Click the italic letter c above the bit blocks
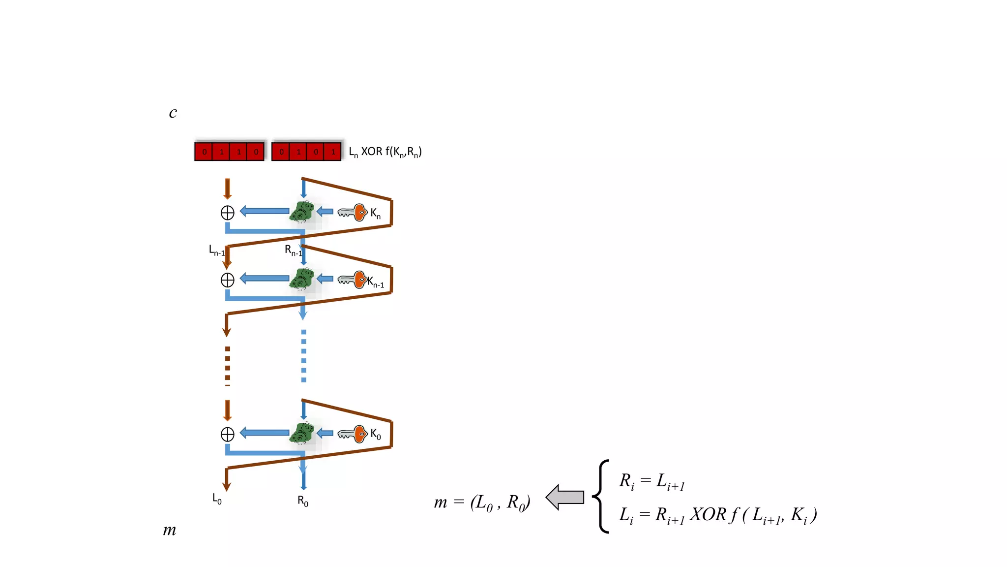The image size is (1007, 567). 173,113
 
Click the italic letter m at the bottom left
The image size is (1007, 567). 169,530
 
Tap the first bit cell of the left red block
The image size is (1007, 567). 204,152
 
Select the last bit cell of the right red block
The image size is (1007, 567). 333,152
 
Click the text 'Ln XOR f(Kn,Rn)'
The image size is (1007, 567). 385,152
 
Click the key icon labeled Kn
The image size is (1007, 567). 353,212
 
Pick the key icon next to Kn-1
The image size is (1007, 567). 353,280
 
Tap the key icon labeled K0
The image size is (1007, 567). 353,434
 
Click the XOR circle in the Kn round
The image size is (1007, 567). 227,213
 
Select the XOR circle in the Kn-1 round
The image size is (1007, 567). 227,280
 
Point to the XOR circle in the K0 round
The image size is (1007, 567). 227,434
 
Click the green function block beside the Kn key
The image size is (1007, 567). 302,212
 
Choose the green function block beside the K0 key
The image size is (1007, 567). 302,433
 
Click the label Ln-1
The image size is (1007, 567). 217,251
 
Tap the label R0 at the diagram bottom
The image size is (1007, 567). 303,501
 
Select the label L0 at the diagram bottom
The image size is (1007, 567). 217,499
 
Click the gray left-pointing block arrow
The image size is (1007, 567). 565,497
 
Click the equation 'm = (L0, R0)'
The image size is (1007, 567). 482,503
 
